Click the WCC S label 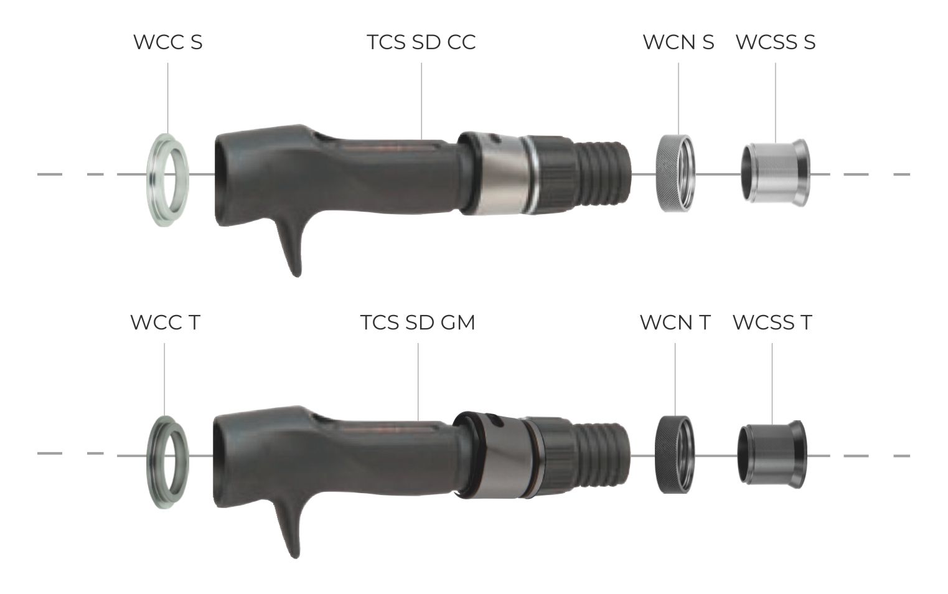click(168, 42)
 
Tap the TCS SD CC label click(421, 42)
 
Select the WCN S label click(678, 42)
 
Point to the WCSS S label click(776, 42)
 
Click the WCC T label click(165, 323)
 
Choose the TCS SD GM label click(418, 323)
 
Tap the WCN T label click(675, 323)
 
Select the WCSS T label click(772, 323)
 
